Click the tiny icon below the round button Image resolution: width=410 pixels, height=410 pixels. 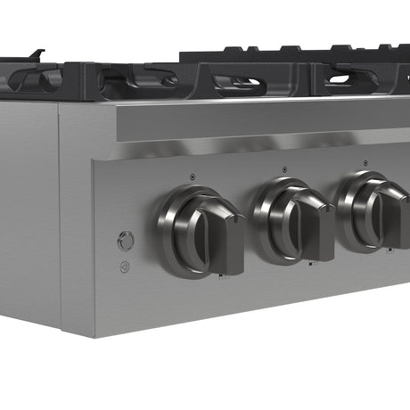[x=125, y=266]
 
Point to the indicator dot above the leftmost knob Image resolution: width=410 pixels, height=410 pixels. [x=193, y=176]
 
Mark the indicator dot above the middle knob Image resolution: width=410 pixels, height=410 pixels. [x=284, y=168]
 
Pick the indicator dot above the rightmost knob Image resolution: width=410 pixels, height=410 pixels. [x=365, y=161]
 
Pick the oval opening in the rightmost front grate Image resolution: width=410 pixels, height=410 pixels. [x=349, y=78]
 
